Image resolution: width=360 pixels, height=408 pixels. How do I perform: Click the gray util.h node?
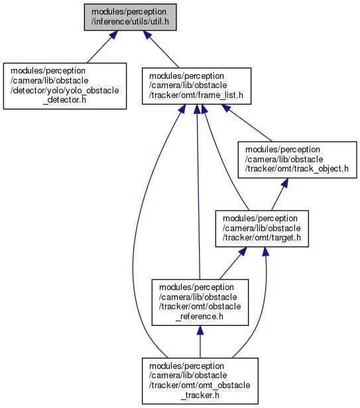[x=130, y=17]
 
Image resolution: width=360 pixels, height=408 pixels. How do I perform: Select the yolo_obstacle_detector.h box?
[x=65, y=86]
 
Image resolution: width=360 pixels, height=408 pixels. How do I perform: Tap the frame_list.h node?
[x=196, y=86]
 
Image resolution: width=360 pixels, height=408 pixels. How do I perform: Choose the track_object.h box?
[x=297, y=160]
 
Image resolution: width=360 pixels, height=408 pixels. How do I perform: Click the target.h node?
[x=262, y=229]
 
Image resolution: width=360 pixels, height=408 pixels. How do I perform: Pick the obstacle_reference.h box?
[x=200, y=302]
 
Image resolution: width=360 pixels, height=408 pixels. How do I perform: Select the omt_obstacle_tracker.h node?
[x=200, y=381]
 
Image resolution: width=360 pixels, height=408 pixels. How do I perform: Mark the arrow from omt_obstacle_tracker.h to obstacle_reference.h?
[x=200, y=342]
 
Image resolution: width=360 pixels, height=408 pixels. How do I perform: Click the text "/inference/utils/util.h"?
[x=130, y=22]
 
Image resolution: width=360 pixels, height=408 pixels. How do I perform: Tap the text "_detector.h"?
[x=64, y=100]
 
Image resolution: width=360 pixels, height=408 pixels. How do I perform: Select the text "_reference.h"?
[x=200, y=317]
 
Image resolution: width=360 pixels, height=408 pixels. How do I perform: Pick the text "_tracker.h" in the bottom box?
[x=200, y=395]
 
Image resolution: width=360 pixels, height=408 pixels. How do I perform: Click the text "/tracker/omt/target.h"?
[x=262, y=238]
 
